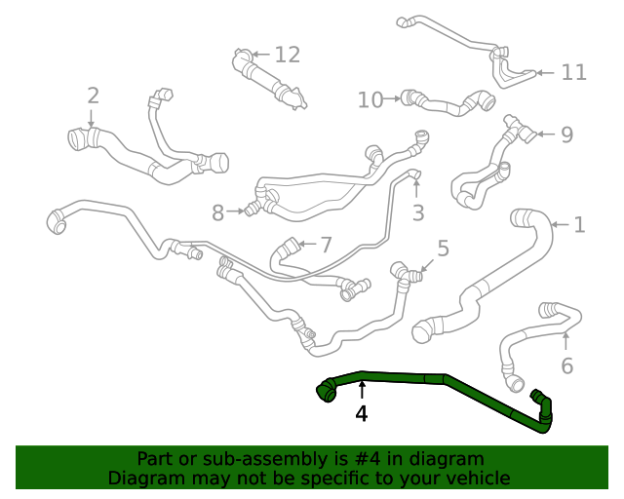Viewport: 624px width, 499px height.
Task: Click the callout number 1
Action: (579, 225)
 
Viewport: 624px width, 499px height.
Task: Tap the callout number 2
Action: (93, 96)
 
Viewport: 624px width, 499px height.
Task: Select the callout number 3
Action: (418, 211)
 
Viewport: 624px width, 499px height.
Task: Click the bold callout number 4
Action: (362, 413)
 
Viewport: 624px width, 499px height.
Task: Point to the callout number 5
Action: (443, 249)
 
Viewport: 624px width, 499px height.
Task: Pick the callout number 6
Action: (566, 366)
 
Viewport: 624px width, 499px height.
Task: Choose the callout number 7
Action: (326, 245)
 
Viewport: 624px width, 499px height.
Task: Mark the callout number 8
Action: (218, 211)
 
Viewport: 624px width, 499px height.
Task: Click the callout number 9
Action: (566, 134)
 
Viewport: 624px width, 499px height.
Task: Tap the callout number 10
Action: (370, 98)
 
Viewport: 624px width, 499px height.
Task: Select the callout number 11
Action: (574, 72)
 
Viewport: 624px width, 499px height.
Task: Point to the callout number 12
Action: (287, 55)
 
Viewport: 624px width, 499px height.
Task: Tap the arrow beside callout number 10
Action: (393, 97)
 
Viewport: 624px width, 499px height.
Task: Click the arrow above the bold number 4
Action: (362, 391)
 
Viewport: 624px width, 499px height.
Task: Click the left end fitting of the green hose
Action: (326, 391)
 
